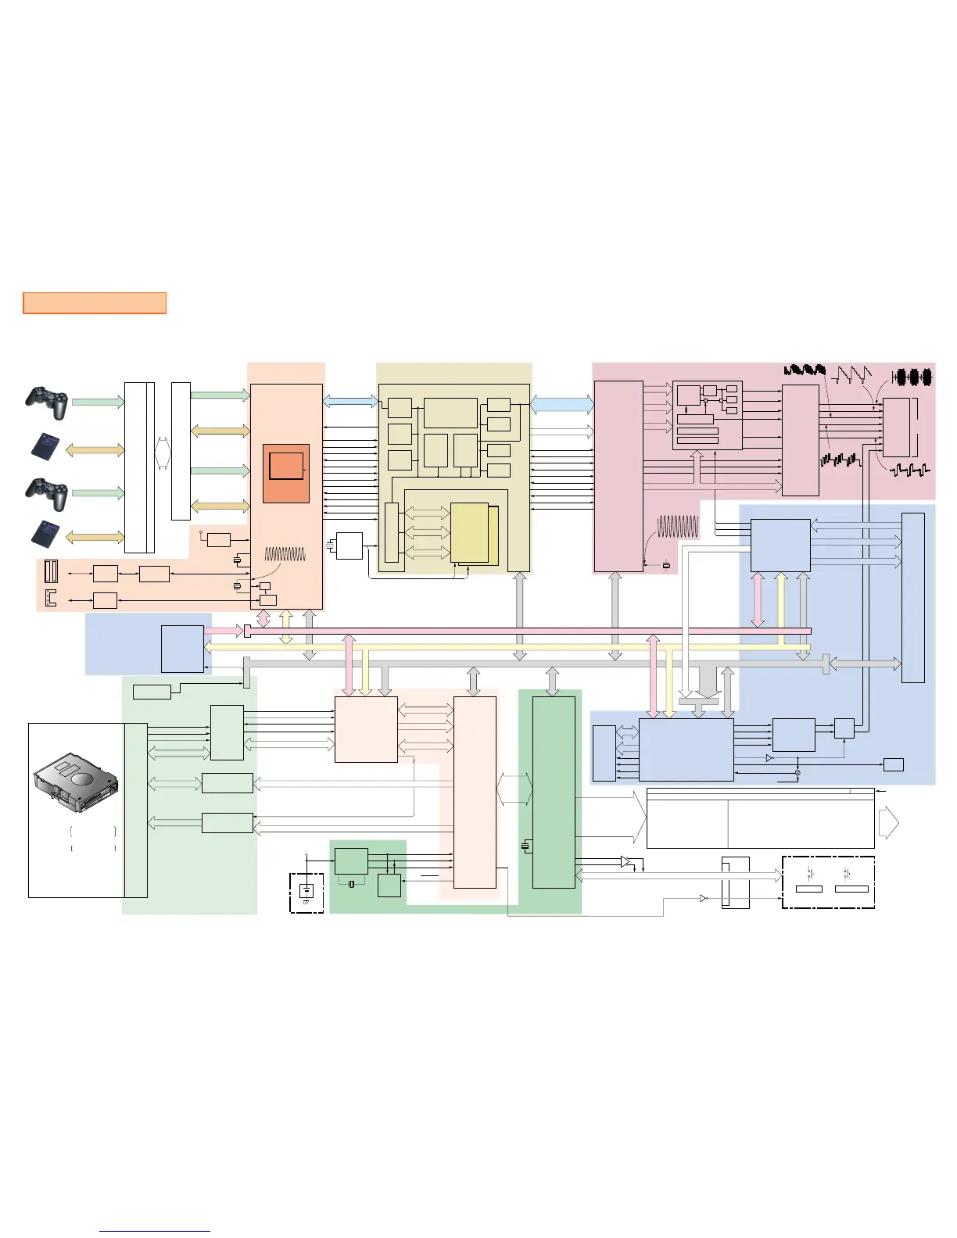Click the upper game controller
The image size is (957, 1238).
(x=46, y=401)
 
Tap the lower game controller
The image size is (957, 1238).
(x=46, y=493)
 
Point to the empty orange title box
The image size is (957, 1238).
(x=95, y=303)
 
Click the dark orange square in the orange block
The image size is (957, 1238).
(x=286, y=473)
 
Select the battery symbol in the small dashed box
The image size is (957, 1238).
(x=306, y=892)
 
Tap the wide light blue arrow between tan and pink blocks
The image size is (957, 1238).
(x=562, y=404)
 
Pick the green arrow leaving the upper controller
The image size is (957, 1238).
(x=98, y=402)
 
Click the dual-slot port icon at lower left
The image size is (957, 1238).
(x=52, y=571)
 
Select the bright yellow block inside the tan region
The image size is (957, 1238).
(x=469, y=532)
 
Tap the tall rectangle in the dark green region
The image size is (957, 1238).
(x=554, y=792)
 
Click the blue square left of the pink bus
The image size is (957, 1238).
(x=182, y=649)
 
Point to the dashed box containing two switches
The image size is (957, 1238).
(x=828, y=882)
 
